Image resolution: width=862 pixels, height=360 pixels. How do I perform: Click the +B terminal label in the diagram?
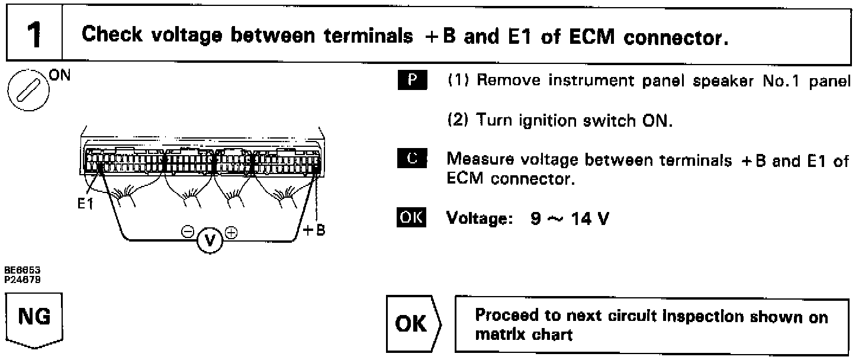314,230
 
